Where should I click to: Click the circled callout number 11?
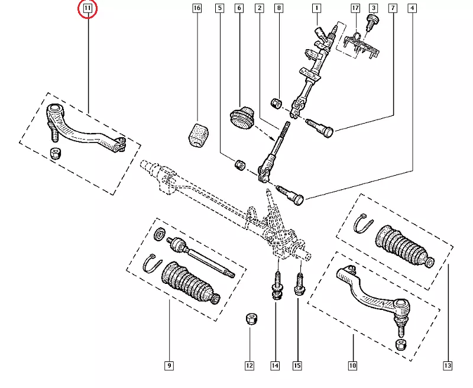88,9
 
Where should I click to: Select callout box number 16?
197,9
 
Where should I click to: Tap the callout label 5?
220,9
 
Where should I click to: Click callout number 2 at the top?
259,9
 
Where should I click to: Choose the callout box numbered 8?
279,9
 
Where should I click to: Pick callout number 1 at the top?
317,9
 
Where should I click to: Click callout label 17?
355,9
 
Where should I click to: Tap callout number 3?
374,9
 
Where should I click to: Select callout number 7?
393,9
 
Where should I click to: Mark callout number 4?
412,9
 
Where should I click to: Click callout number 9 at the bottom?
169,366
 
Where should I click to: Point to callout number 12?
250,366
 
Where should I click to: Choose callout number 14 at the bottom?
275,366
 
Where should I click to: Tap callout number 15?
297,366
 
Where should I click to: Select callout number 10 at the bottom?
352,366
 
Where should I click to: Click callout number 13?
448,366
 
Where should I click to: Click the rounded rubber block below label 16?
197,137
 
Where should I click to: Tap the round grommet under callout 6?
241,117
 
